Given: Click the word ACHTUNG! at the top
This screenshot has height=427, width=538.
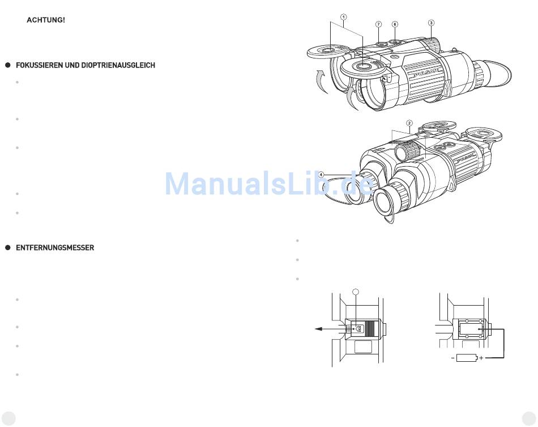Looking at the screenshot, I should [46, 20].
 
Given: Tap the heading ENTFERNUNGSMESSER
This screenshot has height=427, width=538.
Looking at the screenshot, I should [55, 248].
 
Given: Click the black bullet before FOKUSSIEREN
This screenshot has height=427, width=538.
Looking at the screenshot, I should [8, 65].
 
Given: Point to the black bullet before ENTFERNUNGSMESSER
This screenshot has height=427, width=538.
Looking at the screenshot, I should [8, 248].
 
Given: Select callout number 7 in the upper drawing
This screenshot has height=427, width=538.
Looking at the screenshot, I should [378, 24].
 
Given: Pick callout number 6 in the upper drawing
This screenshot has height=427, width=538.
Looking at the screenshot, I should [395, 24].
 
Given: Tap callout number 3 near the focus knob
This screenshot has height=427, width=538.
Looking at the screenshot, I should [432, 23].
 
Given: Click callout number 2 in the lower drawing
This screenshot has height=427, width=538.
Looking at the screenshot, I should [409, 123].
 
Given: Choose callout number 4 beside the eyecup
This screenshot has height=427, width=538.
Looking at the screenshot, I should [321, 175].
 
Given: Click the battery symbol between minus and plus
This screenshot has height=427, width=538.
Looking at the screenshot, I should [467, 358].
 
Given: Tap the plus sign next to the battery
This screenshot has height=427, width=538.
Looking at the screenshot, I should [481, 358].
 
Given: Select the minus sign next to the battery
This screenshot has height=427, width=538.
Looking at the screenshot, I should [452, 358].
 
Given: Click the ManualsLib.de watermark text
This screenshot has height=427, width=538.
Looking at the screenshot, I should [269, 184].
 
